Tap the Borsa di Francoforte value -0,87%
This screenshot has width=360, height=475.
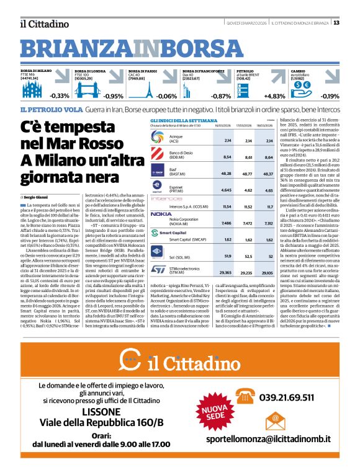point(220,96)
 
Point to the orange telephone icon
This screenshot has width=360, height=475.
point(247,396)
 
